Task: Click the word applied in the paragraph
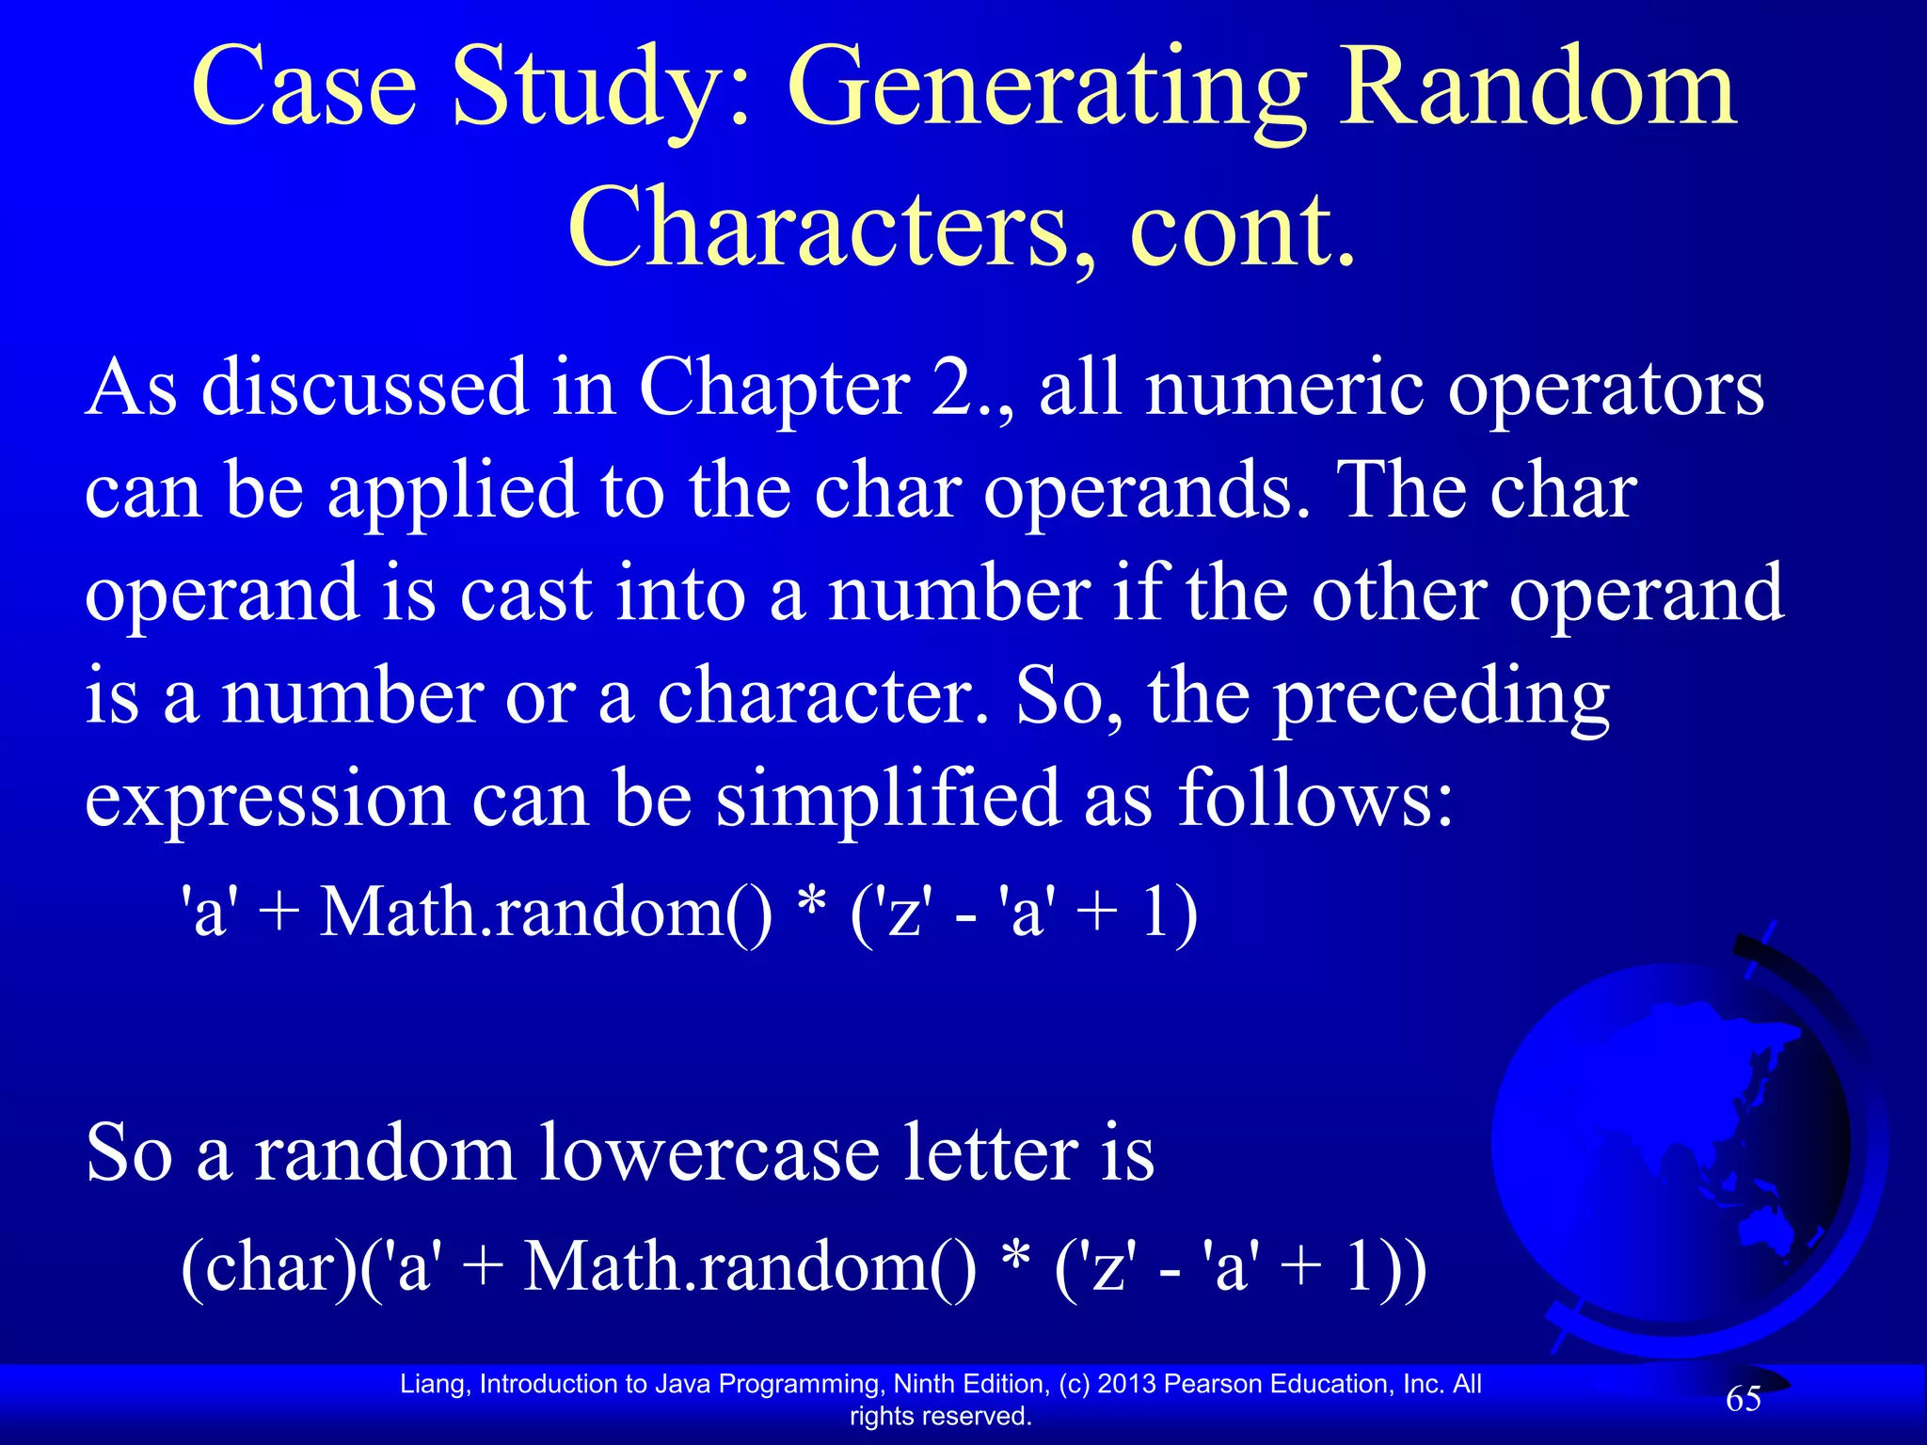coord(452,491)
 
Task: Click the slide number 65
coord(1744,1399)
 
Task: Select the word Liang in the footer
coord(434,1384)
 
